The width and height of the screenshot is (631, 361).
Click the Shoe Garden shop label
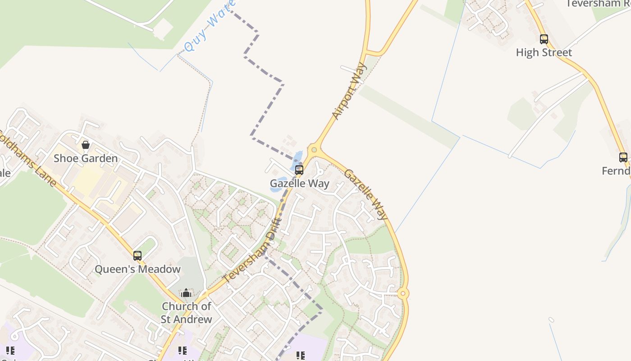click(86, 158)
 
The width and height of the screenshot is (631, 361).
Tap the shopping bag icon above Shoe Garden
click(86, 145)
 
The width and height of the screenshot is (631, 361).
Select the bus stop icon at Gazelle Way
click(299, 170)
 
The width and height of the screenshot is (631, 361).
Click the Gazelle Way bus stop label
click(299, 184)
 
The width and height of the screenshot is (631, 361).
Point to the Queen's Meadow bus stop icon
click(137, 256)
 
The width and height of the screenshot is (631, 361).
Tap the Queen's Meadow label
click(137, 269)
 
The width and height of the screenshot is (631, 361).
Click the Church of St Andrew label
click(187, 313)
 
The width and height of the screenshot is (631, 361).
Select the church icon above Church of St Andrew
click(186, 293)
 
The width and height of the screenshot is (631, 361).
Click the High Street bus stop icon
click(544, 39)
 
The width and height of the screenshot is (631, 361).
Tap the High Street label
click(544, 53)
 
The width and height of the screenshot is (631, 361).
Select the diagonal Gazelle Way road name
click(366, 194)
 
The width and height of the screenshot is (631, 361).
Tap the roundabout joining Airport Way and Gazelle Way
click(314, 149)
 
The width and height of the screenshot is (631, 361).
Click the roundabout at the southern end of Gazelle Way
click(403, 294)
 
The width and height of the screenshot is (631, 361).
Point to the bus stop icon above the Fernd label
click(623, 157)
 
